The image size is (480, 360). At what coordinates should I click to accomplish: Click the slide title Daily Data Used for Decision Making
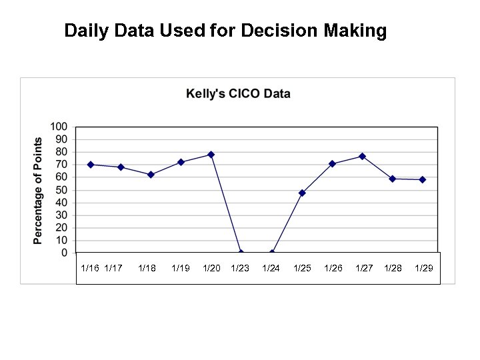tap(225, 31)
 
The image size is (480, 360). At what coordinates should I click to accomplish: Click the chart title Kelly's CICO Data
tap(238, 93)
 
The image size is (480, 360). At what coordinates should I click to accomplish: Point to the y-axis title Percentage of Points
tap(39, 190)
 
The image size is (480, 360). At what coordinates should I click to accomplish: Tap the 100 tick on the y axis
tap(59, 127)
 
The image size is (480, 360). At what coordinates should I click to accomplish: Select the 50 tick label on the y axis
tap(61, 190)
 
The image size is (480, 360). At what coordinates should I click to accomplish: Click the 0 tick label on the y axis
tap(64, 253)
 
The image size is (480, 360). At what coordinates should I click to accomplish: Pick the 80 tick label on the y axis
tap(61, 152)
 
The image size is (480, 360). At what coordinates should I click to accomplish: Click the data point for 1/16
tap(91, 165)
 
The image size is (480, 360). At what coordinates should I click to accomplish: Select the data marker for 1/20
tap(211, 155)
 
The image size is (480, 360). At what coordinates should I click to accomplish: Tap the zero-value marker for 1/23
tap(241, 253)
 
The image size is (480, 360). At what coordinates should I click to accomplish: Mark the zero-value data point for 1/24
tap(272, 253)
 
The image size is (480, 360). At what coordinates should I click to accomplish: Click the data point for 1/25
tap(302, 193)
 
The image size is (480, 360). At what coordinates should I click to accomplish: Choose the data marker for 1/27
tap(362, 156)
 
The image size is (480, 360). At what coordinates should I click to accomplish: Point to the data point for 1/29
tap(423, 179)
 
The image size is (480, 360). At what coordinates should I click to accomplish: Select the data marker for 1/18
tap(151, 175)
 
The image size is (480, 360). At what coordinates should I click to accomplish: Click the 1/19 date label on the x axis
tap(181, 268)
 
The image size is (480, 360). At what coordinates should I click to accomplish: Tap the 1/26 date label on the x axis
tap(333, 268)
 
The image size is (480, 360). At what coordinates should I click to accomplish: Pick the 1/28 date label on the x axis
tap(393, 268)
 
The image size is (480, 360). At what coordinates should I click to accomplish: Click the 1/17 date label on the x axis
tap(113, 268)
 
